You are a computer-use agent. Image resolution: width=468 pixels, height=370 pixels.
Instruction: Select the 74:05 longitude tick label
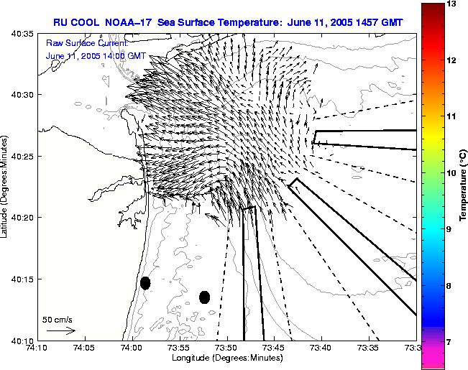point(85,348)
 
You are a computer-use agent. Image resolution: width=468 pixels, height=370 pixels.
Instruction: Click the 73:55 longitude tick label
point(180,348)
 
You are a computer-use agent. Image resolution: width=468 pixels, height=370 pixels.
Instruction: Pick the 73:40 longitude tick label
point(322,348)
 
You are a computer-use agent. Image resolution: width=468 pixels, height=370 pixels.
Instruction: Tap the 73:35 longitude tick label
point(370,348)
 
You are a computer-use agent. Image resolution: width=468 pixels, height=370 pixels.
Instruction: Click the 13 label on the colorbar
point(452,4)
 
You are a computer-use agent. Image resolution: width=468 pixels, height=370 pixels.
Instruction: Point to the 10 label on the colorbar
point(452,172)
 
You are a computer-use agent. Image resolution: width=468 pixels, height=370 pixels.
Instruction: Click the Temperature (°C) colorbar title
point(463,185)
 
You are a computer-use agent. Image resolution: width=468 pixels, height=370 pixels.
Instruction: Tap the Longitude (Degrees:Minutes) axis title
point(227,358)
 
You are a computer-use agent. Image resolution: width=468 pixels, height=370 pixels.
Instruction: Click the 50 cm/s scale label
point(58,320)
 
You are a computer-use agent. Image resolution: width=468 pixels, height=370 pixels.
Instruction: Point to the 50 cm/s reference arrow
point(61,330)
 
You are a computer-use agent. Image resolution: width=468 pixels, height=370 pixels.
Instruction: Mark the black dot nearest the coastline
point(145,283)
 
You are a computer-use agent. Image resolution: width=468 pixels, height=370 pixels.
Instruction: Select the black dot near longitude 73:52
point(204,297)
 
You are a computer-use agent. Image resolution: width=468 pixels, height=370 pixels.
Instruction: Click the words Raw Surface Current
point(87,43)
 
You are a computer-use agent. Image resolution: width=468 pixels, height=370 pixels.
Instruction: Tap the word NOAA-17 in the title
point(129,22)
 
